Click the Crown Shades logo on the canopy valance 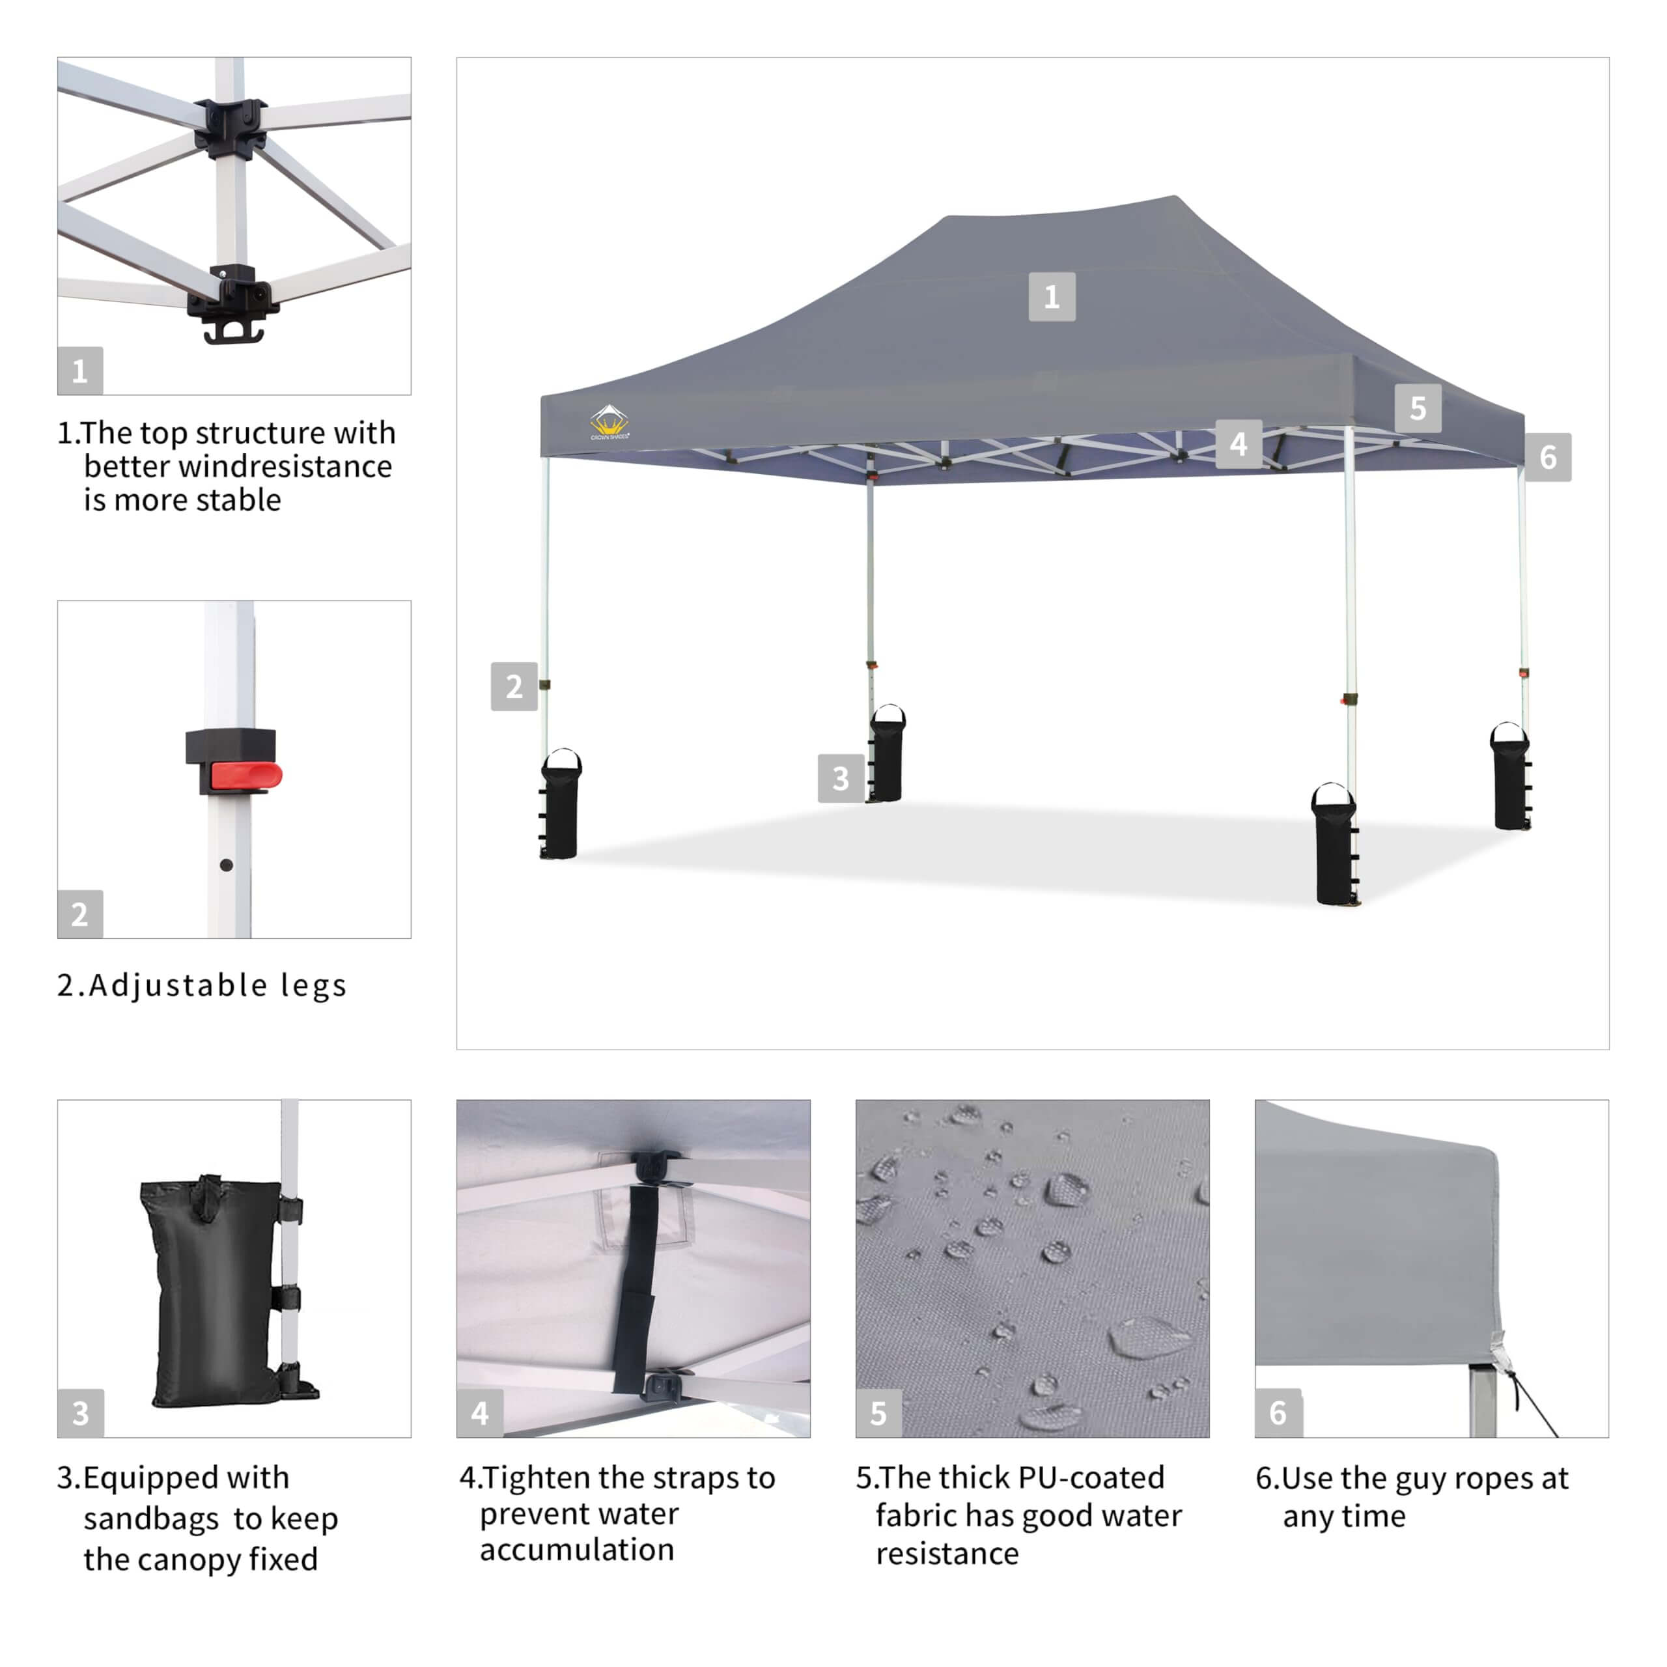(609, 422)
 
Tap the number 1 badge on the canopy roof (1052, 297)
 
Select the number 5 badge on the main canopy (1418, 408)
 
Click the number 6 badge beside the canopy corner (1548, 456)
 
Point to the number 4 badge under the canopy (1238, 443)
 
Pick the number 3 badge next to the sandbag (841, 778)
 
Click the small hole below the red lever (226, 865)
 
